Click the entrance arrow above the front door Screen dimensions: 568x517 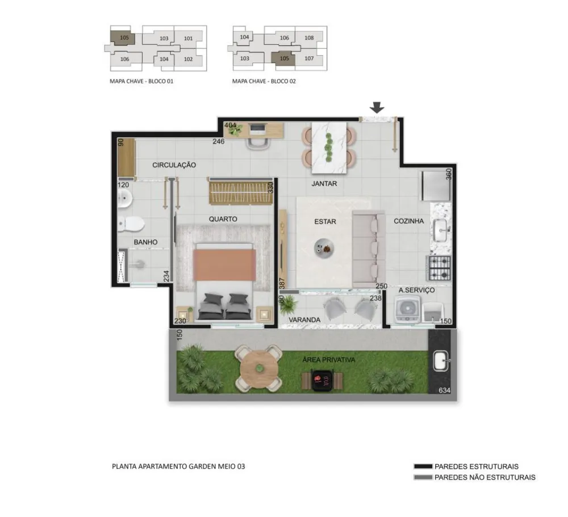pyautogui.click(x=377, y=107)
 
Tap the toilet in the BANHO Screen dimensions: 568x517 pyautogui.click(x=131, y=224)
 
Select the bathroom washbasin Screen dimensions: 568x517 pyautogui.click(x=124, y=198)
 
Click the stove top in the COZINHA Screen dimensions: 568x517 pyautogui.click(x=440, y=268)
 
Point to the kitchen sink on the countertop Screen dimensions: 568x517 pyautogui.click(x=441, y=230)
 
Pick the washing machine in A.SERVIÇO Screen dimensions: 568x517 pyautogui.click(x=407, y=309)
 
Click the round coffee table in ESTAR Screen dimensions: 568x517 pyautogui.click(x=324, y=249)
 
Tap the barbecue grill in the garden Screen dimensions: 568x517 pyautogui.click(x=322, y=380)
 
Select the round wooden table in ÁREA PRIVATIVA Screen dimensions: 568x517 pyautogui.click(x=259, y=368)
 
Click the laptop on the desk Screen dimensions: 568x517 pyautogui.click(x=257, y=128)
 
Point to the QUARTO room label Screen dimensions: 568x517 pyautogui.click(x=223, y=219)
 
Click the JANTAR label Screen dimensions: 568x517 pyautogui.click(x=324, y=183)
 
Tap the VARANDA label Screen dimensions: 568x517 pyautogui.click(x=304, y=320)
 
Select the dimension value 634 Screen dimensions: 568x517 pyautogui.click(x=444, y=390)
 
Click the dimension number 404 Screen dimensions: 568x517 pyautogui.click(x=231, y=125)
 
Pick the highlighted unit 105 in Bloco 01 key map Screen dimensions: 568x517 pyautogui.click(x=123, y=38)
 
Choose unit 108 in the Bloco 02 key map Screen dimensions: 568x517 pyautogui.click(x=309, y=37)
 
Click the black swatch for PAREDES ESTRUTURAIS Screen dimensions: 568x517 pyautogui.click(x=423, y=466)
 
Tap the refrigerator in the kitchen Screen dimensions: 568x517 pyautogui.click(x=436, y=186)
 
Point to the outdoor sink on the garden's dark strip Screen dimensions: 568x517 pyautogui.click(x=441, y=361)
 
